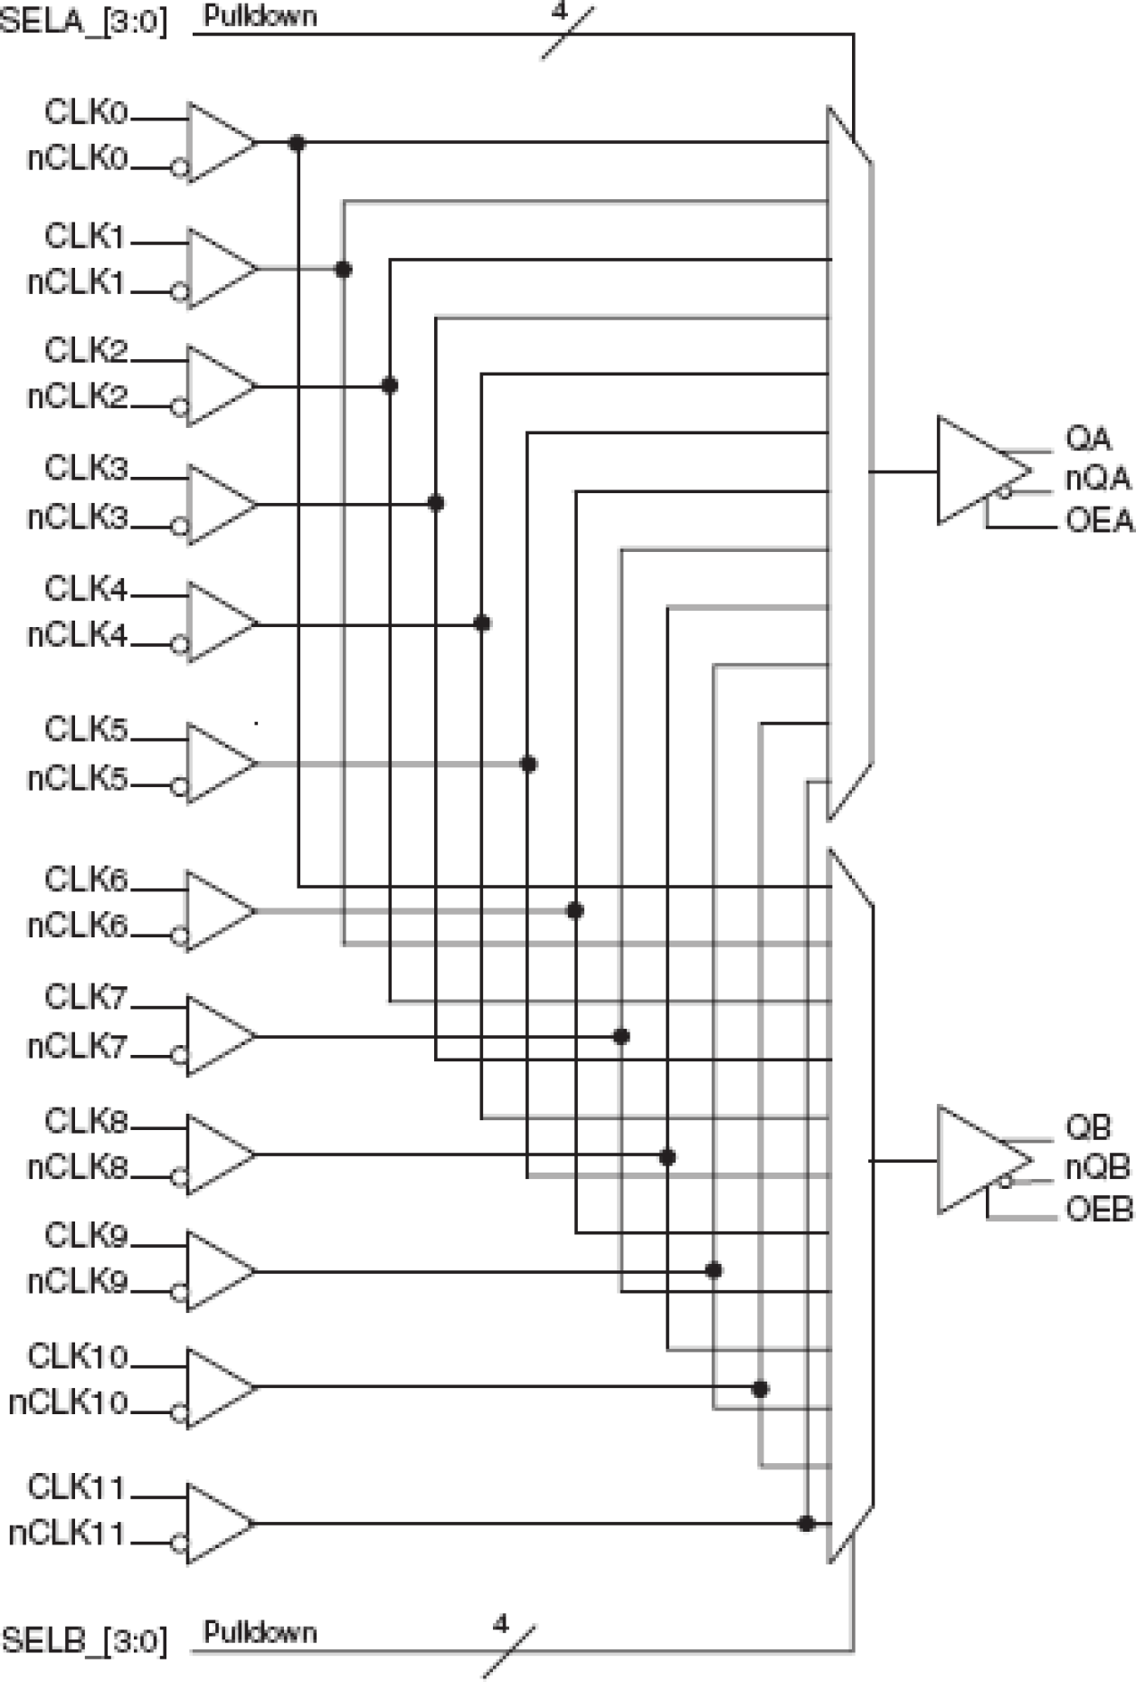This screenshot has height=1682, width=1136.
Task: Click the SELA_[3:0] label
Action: tap(83, 19)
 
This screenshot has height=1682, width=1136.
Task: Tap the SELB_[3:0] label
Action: tap(83, 1640)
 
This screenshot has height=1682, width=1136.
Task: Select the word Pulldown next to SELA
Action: tap(260, 16)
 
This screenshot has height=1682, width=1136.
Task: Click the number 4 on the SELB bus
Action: tap(501, 1623)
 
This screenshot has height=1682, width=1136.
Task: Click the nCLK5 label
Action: tap(77, 779)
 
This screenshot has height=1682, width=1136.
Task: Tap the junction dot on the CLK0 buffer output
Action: tap(297, 142)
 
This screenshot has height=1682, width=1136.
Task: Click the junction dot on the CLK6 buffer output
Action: tap(574, 910)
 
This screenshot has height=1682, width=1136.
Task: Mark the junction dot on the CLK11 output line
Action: tap(807, 1524)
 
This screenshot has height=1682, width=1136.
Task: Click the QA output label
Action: tap(1088, 439)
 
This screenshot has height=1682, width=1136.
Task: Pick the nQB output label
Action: tap(1097, 1168)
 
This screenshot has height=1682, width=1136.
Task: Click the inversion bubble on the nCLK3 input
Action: tap(179, 526)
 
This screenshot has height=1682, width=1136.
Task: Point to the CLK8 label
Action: tap(87, 1122)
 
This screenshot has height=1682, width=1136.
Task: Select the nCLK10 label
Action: tap(69, 1402)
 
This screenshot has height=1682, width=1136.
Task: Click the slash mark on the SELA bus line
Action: tap(567, 33)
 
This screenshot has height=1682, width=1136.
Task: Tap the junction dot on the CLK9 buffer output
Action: tap(714, 1270)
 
